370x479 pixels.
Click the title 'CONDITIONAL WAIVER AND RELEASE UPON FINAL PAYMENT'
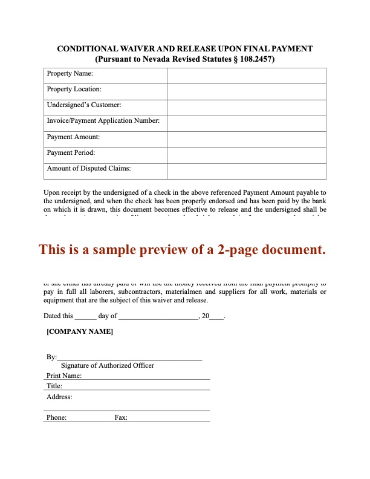click(x=184, y=48)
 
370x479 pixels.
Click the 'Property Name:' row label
click(x=70, y=74)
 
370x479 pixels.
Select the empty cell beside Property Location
click(x=246, y=90)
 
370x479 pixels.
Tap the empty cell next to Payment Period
click(x=246, y=154)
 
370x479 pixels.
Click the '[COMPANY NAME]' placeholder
click(x=79, y=332)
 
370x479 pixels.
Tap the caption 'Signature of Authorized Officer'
click(x=108, y=365)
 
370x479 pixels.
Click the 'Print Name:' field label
click(x=64, y=376)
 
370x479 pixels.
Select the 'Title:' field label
click(x=54, y=386)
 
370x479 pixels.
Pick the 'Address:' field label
click(x=59, y=397)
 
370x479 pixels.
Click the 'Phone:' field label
click(x=56, y=417)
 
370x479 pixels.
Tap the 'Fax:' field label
click(x=121, y=417)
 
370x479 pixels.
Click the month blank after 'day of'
click(x=159, y=316)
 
